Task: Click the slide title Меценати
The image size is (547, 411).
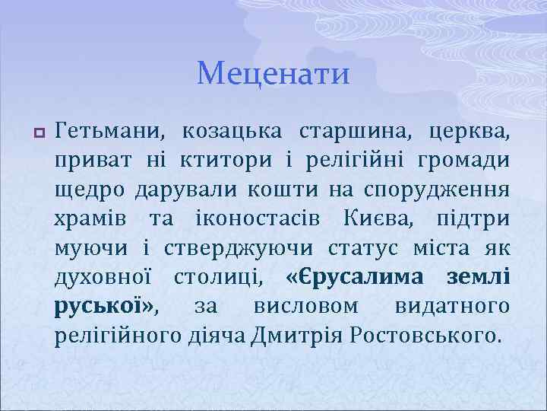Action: (x=273, y=74)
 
